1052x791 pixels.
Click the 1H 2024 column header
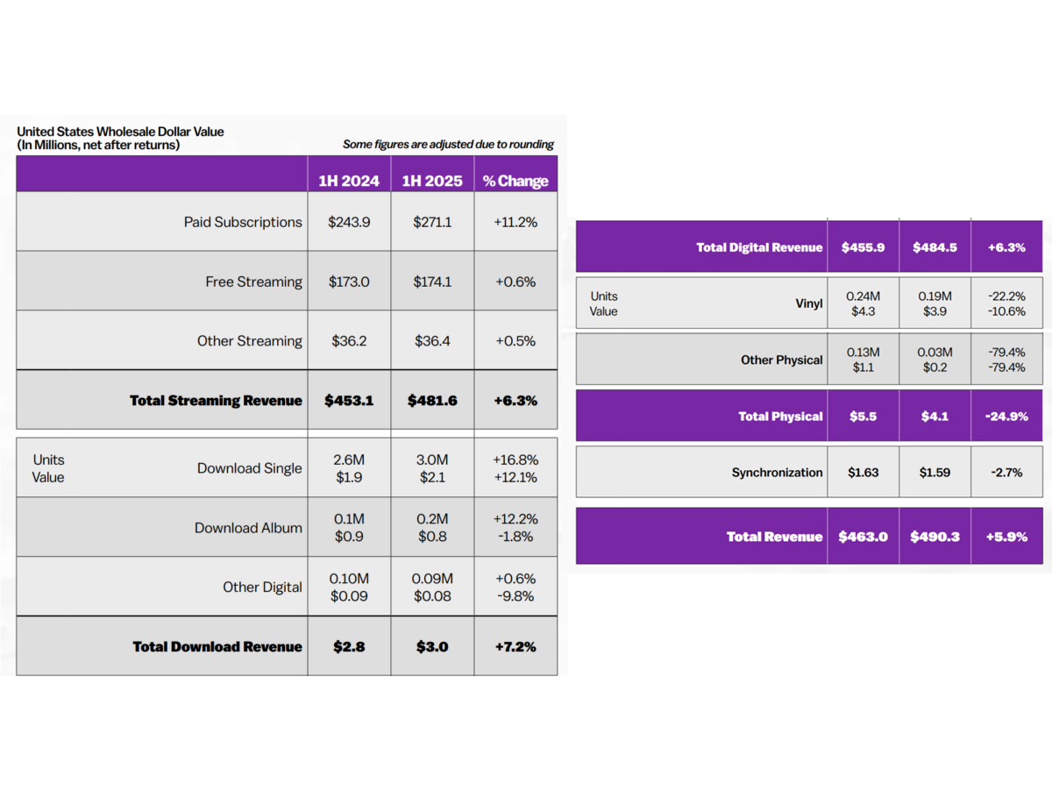point(349,181)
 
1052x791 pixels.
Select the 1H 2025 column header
point(432,181)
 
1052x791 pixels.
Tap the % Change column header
point(515,181)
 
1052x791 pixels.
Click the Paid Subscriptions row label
point(243,222)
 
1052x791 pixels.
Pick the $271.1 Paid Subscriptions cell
point(432,222)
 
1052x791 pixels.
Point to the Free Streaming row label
point(253,281)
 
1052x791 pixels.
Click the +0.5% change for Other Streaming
point(515,340)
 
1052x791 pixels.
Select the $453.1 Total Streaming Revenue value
point(349,400)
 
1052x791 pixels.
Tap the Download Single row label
point(249,468)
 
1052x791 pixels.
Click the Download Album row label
point(248,528)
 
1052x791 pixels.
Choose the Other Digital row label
point(262,587)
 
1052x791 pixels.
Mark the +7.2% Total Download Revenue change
point(515,646)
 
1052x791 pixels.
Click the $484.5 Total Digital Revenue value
point(935,247)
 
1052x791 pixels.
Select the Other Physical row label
point(781,360)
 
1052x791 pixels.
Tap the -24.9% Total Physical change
point(1007,417)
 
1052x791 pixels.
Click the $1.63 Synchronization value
point(863,472)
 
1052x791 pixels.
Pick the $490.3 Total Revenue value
point(935,537)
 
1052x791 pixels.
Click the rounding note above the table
point(448,145)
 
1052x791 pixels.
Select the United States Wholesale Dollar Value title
point(120,132)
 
